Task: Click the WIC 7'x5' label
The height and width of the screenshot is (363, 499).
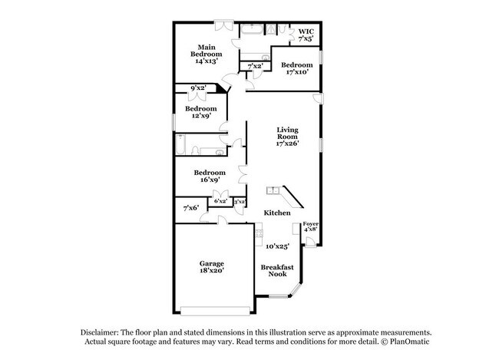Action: click(x=306, y=35)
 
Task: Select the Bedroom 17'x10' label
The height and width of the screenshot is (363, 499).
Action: click(x=296, y=68)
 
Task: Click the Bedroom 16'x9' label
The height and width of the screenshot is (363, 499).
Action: click(x=209, y=176)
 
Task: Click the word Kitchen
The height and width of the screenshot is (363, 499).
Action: click(x=277, y=213)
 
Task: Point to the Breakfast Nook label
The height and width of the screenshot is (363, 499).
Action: click(x=276, y=271)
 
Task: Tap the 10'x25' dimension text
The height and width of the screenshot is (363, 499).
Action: click(x=277, y=246)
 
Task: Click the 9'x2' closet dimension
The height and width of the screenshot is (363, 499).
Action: click(x=199, y=88)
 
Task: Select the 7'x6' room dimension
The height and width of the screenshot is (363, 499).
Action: click(x=191, y=207)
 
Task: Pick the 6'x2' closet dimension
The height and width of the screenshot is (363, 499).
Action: click(x=221, y=201)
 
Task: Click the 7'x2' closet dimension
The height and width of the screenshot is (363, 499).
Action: click(x=254, y=67)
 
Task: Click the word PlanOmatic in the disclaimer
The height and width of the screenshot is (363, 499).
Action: click(x=399, y=340)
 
